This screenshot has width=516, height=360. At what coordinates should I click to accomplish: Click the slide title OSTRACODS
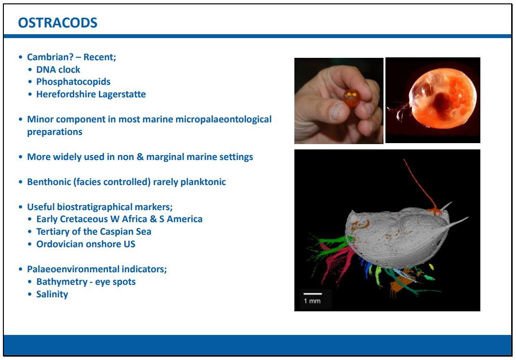coord(58,23)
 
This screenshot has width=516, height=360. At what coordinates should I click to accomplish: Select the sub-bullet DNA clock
coord(58,70)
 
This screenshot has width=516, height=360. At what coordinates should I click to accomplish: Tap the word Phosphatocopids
coord(73,82)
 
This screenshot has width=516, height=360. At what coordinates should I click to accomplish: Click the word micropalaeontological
coord(224,120)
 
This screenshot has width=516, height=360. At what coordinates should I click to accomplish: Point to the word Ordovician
coord(58,244)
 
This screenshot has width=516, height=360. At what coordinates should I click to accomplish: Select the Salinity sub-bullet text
coord(52,294)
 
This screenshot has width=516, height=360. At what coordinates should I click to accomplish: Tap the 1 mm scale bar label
coord(312,301)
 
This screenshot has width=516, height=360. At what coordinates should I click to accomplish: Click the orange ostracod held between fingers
coord(351,97)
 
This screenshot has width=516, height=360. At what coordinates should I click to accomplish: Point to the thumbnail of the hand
coord(339,101)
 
